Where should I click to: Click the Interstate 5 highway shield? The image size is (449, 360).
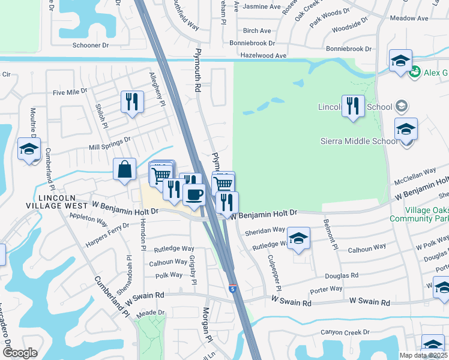[232, 289]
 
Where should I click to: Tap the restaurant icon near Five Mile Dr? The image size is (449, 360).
[132, 101]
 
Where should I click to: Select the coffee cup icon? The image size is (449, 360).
[194, 194]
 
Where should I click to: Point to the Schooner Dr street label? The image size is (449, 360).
[90, 44]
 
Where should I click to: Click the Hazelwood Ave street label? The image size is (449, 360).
[264, 55]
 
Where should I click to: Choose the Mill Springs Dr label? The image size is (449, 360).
[109, 142]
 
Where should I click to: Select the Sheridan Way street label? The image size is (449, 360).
[264, 230]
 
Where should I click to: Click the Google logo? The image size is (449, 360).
[20, 353]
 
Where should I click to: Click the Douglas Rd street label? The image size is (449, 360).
[342, 275]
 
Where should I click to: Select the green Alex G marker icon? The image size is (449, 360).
[414, 73]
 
